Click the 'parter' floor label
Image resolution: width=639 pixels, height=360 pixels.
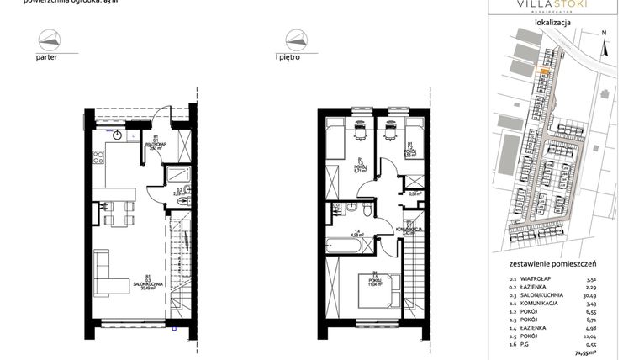coord(46,60)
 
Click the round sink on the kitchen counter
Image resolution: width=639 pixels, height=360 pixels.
coord(119,134)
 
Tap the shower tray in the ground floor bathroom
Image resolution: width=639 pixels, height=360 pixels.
coord(180,175)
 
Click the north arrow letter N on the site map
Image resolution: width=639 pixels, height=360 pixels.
coord(604,34)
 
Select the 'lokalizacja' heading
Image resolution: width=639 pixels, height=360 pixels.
coord(552,24)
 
